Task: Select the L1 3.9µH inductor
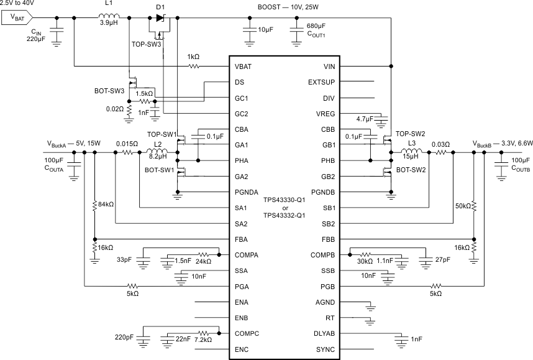pyautogui.click(x=109, y=17)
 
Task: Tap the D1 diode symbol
pyautogui.click(x=161, y=17)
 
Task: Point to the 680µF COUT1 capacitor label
pyautogui.click(x=317, y=30)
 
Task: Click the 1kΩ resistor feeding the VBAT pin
pyautogui.click(x=194, y=65)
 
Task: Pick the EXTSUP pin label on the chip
pyautogui.click(x=321, y=82)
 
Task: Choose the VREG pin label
pyautogui.click(x=326, y=114)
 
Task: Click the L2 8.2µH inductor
pyautogui.click(x=155, y=152)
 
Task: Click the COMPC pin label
pyautogui.click(x=247, y=334)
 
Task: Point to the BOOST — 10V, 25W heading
pyautogui.click(x=293, y=7)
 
